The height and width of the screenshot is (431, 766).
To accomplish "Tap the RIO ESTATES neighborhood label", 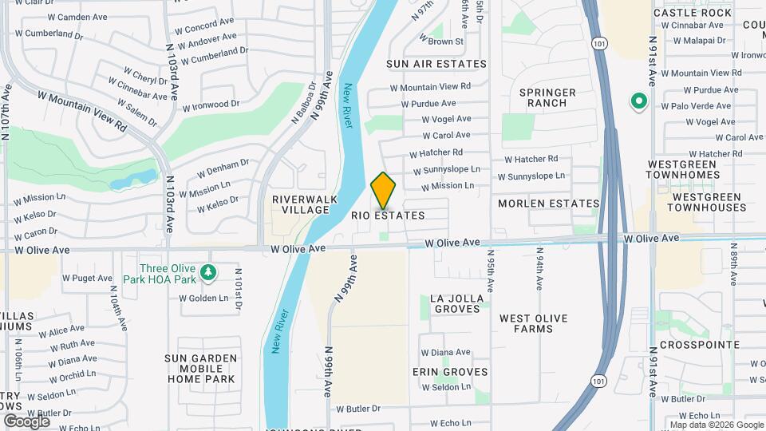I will (388, 215).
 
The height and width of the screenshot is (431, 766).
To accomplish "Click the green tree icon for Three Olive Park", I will (208, 274).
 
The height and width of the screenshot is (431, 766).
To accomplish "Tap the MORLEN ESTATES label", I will (548, 204).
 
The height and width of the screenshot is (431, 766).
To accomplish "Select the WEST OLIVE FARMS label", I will (534, 323).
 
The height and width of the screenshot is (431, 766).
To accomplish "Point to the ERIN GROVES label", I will (450, 372).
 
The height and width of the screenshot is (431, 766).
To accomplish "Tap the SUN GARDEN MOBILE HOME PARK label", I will (201, 369).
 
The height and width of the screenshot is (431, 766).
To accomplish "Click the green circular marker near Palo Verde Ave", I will (638, 101).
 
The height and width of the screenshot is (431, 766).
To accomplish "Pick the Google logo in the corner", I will (26, 421).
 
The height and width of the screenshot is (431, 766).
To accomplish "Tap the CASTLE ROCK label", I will (681, 13).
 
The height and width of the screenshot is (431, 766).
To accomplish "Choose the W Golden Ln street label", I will (203, 299).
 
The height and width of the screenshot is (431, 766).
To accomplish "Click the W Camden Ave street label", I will (78, 17).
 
